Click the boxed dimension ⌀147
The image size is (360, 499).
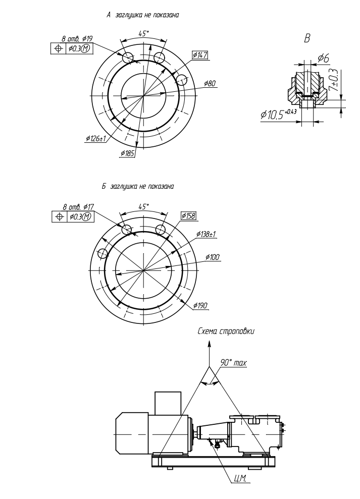click(x=200, y=55)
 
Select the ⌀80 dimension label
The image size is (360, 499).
click(x=210, y=84)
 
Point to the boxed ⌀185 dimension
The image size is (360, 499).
click(x=127, y=153)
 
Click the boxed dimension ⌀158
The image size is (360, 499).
click(x=188, y=216)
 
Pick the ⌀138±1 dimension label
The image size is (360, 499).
click(x=206, y=234)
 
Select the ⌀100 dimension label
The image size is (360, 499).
click(x=213, y=257)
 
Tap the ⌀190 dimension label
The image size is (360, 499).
click(x=200, y=306)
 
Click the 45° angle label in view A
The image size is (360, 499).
click(x=144, y=33)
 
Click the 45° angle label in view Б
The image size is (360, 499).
click(x=144, y=206)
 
